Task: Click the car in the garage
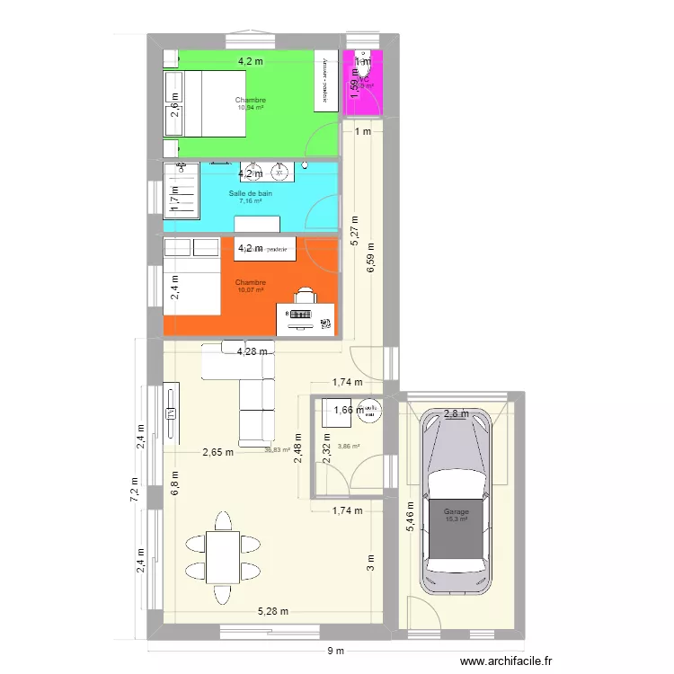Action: click(459, 503)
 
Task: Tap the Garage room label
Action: click(457, 512)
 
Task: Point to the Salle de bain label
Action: click(251, 193)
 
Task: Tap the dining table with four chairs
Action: click(223, 556)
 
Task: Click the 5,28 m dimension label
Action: click(273, 612)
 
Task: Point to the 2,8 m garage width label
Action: click(457, 414)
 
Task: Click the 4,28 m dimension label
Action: click(253, 351)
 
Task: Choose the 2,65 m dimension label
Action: click(217, 452)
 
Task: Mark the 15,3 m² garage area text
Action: click(457, 519)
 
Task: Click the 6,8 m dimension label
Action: click(176, 485)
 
